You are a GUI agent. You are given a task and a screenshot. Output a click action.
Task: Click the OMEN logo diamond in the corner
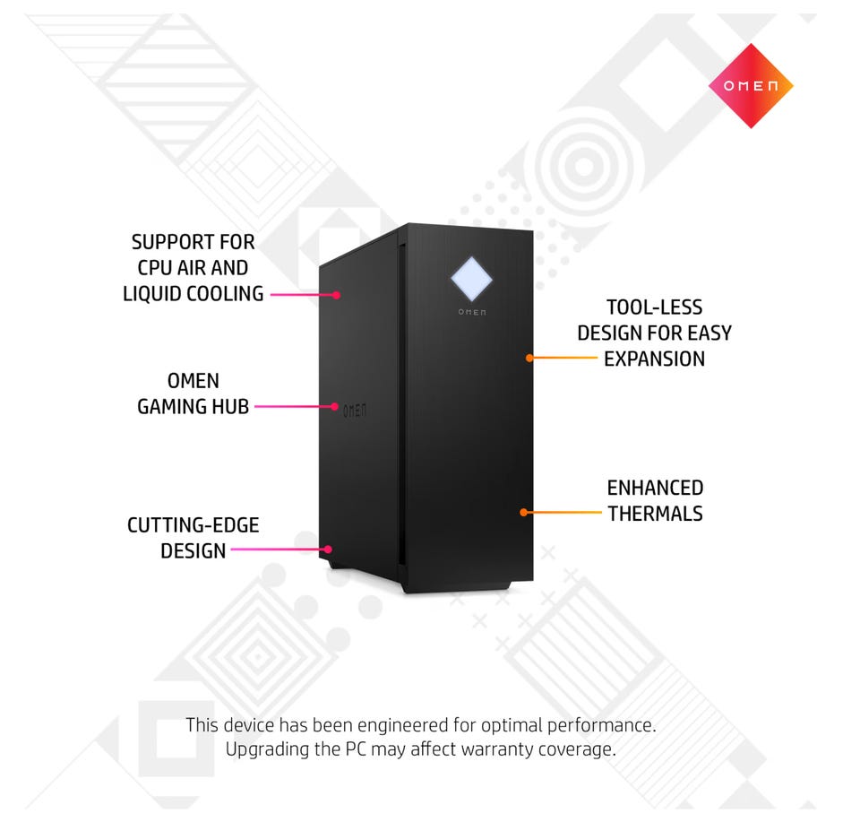point(751,86)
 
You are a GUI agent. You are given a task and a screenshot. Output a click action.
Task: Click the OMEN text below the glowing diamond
point(472,312)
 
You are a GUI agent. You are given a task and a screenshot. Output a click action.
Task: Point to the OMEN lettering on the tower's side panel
point(355,410)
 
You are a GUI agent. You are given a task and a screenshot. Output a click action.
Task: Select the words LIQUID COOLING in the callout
point(193,293)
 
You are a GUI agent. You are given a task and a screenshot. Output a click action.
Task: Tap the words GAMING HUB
point(193,407)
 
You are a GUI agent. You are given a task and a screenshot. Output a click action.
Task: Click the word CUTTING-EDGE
point(193,525)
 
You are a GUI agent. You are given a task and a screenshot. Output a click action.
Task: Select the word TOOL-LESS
point(654,308)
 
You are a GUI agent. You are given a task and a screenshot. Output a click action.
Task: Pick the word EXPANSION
point(654,359)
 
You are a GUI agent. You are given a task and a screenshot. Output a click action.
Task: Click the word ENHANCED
point(655,489)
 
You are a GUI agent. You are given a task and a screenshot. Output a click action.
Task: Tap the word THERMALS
point(655,515)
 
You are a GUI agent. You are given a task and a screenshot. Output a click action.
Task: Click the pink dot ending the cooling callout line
point(337,294)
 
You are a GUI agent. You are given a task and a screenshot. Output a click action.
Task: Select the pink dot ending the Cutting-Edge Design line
point(329,549)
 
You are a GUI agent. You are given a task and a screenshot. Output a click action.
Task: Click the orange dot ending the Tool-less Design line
point(529,358)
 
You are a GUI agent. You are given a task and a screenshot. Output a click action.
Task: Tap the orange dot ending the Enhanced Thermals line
point(523,513)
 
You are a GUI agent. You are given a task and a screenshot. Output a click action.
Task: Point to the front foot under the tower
point(457,587)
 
